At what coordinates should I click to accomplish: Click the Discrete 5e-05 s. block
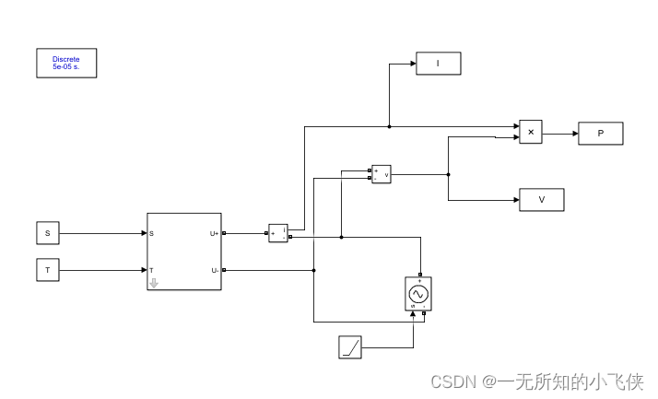coord(66,63)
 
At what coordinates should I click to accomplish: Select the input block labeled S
coord(47,233)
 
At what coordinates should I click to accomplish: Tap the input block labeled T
coord(47,270)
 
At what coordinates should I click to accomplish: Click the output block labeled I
coord(438,64)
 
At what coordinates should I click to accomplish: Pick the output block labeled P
coord(600,134)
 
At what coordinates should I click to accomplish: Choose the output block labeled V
coord(541,200)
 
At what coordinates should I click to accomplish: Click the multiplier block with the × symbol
coord(530,133)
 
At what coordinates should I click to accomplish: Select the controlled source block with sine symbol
coord(418,293)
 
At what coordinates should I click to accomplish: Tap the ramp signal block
coord(350,347)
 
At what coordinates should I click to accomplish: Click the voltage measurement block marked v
coord(381,174)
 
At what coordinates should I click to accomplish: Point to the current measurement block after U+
coord(278,233)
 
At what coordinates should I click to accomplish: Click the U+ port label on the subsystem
coord(214,233)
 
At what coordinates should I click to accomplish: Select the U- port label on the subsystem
coord(214,270)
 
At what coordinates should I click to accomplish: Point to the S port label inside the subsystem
coord(152,233)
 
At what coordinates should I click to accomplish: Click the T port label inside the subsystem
coord(152,270)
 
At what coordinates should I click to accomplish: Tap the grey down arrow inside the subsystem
coord(154,283)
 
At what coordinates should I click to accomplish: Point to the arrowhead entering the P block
coord(574,134)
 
